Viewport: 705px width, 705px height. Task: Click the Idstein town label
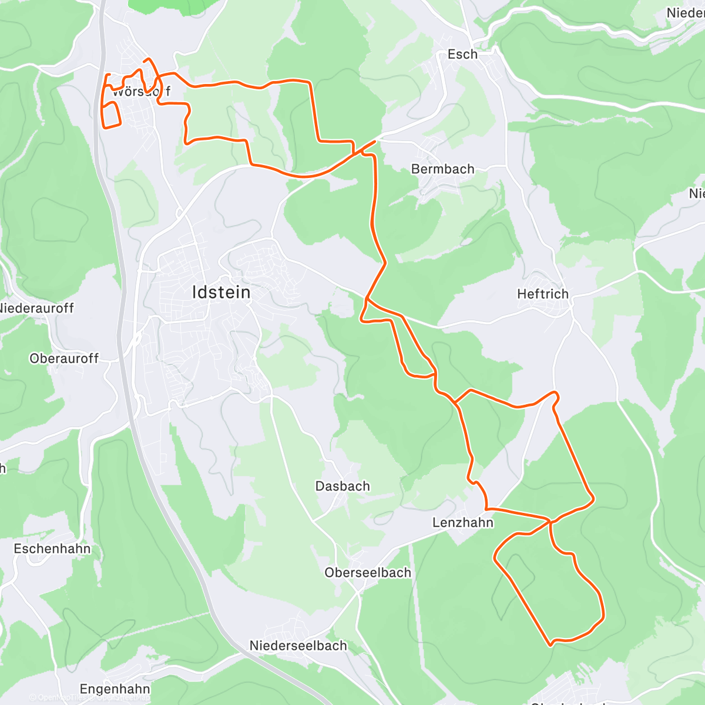221,292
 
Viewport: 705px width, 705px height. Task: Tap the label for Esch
462,54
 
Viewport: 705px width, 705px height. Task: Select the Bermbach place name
442,169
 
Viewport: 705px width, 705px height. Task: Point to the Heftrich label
543,294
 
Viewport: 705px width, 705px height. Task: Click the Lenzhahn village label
463,522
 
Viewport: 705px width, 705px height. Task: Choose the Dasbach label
343,486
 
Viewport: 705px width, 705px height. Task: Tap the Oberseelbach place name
368,573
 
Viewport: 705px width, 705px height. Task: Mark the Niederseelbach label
298,646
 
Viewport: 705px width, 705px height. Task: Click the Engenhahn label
115,689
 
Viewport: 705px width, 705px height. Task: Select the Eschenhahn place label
52,549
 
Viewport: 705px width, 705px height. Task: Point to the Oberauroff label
64,358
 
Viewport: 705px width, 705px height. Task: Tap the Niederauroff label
36,308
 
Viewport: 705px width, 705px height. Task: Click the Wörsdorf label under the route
141,92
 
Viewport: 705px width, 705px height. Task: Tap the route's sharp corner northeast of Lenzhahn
593,498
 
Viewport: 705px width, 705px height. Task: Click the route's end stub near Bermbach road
374,142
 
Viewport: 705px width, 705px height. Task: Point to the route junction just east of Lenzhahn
549,521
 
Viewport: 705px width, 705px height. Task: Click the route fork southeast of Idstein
367,300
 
